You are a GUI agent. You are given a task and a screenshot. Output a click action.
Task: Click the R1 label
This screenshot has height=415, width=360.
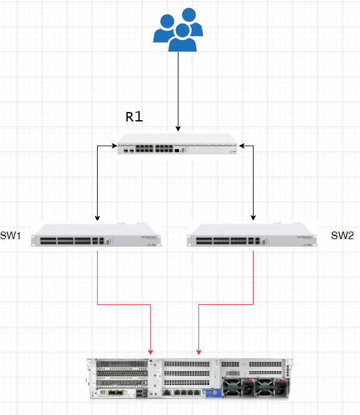(134, 116)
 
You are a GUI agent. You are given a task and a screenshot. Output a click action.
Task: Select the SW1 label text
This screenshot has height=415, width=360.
(10, 235)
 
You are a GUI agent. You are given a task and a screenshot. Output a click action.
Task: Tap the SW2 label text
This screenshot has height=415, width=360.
(342, 235)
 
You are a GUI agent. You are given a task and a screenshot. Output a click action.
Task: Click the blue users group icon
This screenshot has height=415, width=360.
(178, 29)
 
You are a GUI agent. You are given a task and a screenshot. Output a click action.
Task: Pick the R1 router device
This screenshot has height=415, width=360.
(178, 144)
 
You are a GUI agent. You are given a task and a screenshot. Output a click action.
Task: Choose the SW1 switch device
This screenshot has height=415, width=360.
(96, 235)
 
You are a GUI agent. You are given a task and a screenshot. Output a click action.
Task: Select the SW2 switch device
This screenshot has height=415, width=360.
(252, 235)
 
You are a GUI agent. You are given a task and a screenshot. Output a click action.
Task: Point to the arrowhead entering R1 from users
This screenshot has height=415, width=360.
(178, 128)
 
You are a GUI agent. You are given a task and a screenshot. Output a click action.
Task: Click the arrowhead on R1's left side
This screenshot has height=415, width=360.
(115, 146)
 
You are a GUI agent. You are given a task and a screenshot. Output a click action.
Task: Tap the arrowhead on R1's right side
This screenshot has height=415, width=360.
(242, 146)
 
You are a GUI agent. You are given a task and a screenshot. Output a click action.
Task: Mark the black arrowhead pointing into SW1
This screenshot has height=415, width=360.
(98, 218)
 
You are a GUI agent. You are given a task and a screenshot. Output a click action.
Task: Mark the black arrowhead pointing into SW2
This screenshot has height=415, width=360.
(254, 218)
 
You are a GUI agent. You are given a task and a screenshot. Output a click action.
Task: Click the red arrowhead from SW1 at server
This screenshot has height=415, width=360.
(151, 352)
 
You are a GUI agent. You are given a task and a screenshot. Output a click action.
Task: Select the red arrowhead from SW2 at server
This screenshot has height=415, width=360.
(199, 352)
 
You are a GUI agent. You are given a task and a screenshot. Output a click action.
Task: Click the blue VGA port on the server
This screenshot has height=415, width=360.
(211, 392)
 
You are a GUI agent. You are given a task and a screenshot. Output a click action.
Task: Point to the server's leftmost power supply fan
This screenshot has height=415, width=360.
(233, 387)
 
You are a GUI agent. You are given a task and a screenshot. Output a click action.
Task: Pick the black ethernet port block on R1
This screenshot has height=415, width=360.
(154, 148)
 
